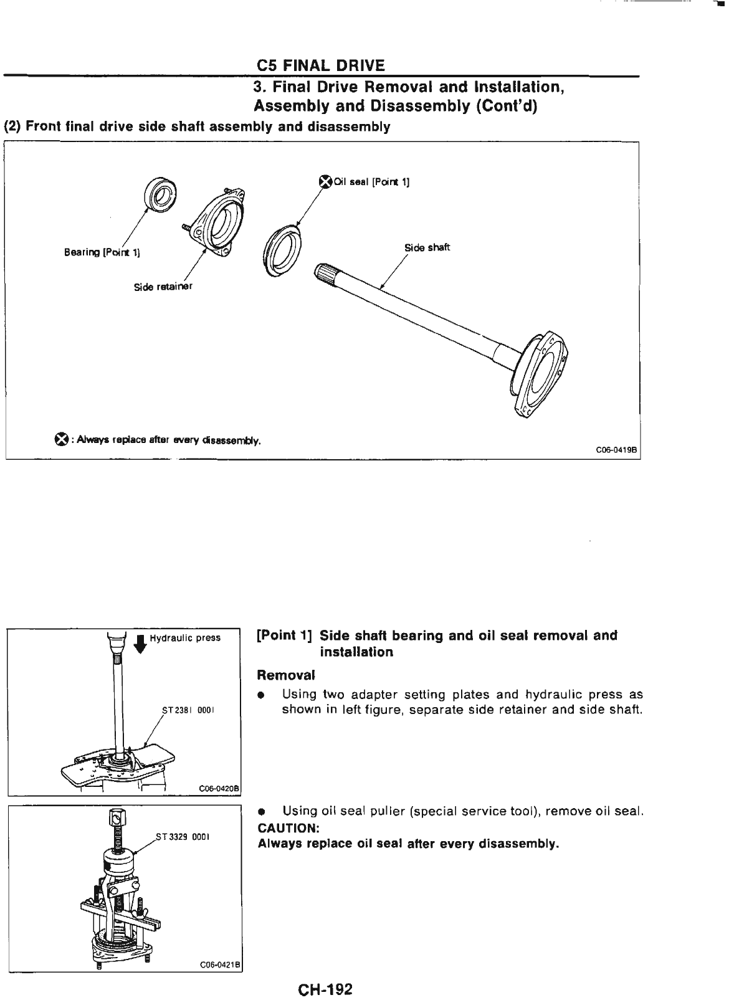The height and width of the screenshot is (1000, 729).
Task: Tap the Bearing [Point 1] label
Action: click(x=102, y=252)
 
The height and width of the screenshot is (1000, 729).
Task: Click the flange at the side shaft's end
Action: click(x=543, y=374)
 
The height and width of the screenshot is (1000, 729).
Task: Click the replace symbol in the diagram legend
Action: click(x=60, y=440)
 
